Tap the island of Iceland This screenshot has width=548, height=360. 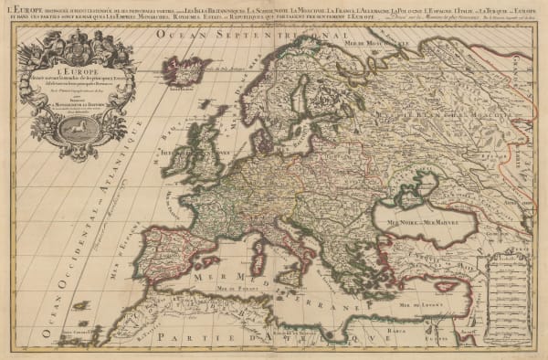pos(184,69)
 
